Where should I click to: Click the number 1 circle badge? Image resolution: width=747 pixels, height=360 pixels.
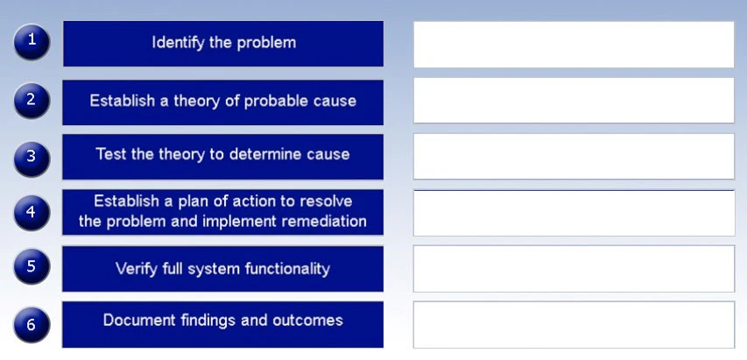pos(32,42)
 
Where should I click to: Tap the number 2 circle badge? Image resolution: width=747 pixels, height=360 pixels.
pos(32,101)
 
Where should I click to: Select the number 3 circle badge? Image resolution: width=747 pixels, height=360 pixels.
pos(32,157)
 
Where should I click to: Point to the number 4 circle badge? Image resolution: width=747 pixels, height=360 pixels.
pos(32,213)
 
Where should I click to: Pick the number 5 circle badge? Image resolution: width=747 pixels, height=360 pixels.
pos(32,267)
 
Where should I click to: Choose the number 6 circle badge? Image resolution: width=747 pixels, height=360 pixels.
pos(32,324)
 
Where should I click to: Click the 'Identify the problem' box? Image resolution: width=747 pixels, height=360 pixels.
pos(223,43)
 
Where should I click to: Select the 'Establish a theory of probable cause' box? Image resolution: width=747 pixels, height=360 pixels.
pos(223,102)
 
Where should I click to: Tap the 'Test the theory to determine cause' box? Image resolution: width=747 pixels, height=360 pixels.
pos(223,156)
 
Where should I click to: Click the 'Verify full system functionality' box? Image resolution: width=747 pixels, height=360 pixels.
pos(223,269)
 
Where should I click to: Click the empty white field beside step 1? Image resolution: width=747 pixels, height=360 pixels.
pos(574,44)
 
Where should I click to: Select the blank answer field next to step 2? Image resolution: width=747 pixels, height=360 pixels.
pos(574,101)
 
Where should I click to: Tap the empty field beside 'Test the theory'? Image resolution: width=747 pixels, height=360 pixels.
pos(574,157)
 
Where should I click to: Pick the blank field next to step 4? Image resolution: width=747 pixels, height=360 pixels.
pos(574,213)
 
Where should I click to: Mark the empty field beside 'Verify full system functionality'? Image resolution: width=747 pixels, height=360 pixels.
pos(574,268)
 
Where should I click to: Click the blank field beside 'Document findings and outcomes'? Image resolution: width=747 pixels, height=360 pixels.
pos(574,324)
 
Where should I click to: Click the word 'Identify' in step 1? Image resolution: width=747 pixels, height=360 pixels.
pos(179,42)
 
